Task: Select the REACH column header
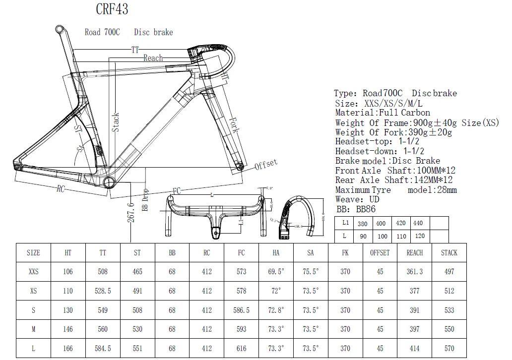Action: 415,252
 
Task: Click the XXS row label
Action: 33,272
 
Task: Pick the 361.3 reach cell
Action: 415,272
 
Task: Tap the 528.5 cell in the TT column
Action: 103,291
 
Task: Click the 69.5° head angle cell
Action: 276,272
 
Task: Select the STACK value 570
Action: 449,349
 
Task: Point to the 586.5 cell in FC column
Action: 242,310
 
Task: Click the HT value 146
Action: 68,329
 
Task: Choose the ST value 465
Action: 137,272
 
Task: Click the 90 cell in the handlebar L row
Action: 363,237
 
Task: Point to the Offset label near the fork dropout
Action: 266,164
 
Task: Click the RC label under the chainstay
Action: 61,188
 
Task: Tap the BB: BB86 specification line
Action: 355,209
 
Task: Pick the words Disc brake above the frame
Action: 153,32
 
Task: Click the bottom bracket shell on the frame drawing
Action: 110,183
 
